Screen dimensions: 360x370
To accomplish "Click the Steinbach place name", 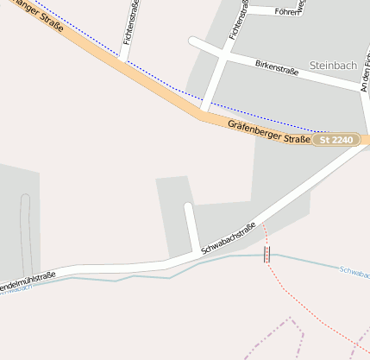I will (x=332, y=66).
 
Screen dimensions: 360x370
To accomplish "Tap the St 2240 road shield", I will (x=336, y=140).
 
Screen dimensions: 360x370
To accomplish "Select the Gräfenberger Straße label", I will (x=269, y=132).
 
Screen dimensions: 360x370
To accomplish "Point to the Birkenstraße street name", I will (x=277, y=67).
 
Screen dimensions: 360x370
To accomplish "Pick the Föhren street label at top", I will (x=285, y=12).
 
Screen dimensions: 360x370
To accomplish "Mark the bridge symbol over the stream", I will (x=267, y=254).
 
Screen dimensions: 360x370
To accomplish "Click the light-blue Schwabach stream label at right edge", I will (x=354, y=273).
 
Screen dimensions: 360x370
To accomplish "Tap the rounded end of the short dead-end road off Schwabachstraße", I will (x=189, y=207).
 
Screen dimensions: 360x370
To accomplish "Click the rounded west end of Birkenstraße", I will (x=193, y=40).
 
